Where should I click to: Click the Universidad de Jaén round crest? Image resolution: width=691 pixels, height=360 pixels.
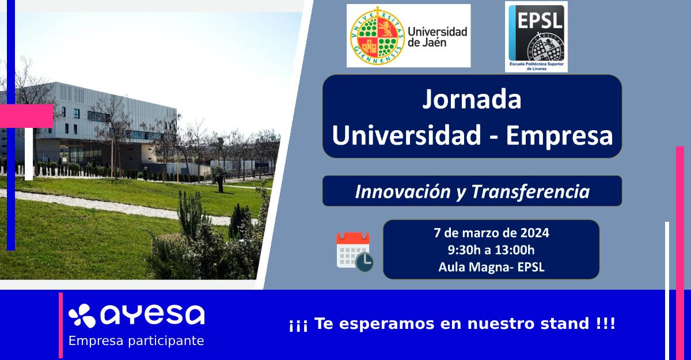coord(377,36)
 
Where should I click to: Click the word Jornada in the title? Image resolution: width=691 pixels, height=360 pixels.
coord(472,99)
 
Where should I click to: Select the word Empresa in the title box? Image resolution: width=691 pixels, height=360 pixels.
coord(559,135)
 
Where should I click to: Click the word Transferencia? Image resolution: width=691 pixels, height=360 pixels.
coord(530,192)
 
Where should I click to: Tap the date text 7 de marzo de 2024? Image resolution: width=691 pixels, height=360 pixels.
coord(491,233)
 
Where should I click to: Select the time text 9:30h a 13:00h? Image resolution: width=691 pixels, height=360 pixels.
coord(491,250)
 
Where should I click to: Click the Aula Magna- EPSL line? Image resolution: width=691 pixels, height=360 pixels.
coord(491,267)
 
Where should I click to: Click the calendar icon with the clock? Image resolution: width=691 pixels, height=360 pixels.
coord(355,252)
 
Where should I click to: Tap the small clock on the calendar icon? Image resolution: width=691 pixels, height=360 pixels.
coord(365,262)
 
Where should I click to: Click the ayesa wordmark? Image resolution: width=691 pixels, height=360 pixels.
coord(153,315)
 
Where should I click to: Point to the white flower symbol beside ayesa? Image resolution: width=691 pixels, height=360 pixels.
coord(82,315)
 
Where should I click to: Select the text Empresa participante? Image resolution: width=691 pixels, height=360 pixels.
coord(136,341)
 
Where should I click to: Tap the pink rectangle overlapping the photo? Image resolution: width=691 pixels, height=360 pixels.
coord(26,116)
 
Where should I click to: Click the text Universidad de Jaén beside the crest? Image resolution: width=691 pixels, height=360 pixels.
coord(438,37)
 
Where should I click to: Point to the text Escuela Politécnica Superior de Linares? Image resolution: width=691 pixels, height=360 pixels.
coord(537,66)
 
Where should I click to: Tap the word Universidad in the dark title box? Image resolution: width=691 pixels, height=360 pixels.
coord(407,135)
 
